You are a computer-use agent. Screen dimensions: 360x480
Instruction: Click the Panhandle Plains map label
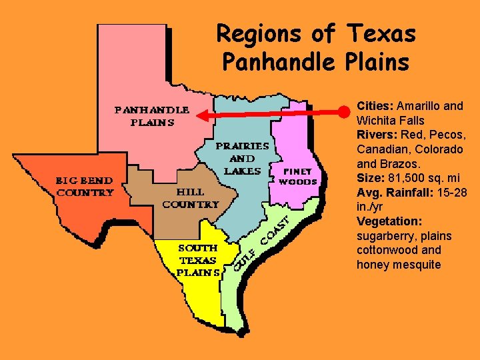(153, 115)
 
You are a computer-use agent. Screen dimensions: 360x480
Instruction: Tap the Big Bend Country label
(84, 187)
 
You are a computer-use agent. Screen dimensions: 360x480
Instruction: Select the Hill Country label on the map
(190, 197)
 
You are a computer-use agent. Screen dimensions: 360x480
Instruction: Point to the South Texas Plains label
(198, 260)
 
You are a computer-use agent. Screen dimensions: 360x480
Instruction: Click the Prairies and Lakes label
(242, 158)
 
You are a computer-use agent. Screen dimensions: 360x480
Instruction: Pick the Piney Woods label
(297, 176)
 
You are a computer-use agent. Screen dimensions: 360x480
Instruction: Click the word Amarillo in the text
(419, 105)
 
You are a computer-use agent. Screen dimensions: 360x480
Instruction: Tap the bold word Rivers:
(377, 135)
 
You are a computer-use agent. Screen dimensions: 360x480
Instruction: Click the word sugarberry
(385, 236)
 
